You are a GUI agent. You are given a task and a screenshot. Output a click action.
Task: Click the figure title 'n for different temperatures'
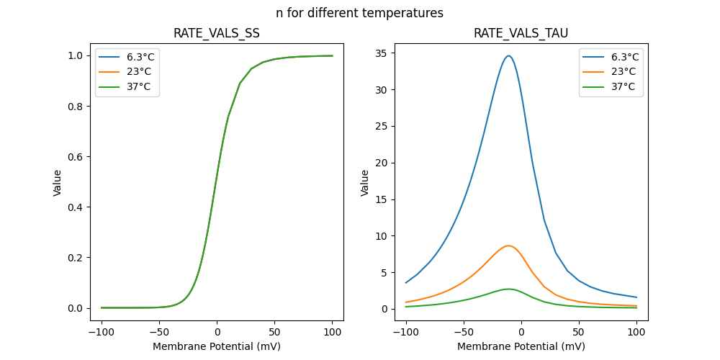pyautogui.click(x=359, y=13)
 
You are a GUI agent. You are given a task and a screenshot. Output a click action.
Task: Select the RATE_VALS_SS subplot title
pyautogui.click(x=217, y=34)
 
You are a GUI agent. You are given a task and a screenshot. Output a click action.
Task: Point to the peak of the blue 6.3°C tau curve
pyautogui.click(x=509, y=55)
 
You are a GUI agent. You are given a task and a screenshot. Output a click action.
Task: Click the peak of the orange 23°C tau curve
pyautogui.click(x=509, y=246)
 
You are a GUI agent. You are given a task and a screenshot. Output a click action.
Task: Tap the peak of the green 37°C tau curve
pyautogui.click(x=509, y=289)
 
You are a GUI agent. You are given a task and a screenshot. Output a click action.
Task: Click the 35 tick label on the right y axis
pyautogui.click(x=382, y=53)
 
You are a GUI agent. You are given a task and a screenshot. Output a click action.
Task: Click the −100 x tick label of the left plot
pyautogui.click(x=102, y=333)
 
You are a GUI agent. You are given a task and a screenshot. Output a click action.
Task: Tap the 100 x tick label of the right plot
pyautogui.click(x=636, y=333)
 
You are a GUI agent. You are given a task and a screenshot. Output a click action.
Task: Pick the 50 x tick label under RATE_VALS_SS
pyautogui.click(x=274, y=333)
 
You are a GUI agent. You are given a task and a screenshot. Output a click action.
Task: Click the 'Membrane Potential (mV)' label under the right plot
pyautogui.click(x=521, y=346)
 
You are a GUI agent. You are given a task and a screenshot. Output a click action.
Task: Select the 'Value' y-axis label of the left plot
pyautogui.click(x=58, y=183)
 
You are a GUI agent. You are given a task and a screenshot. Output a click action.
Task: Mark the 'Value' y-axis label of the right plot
pyautogui.click(x=365, y=183)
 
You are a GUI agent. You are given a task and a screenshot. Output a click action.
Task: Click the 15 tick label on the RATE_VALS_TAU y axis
pyautogui.click(x=382, y=199)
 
